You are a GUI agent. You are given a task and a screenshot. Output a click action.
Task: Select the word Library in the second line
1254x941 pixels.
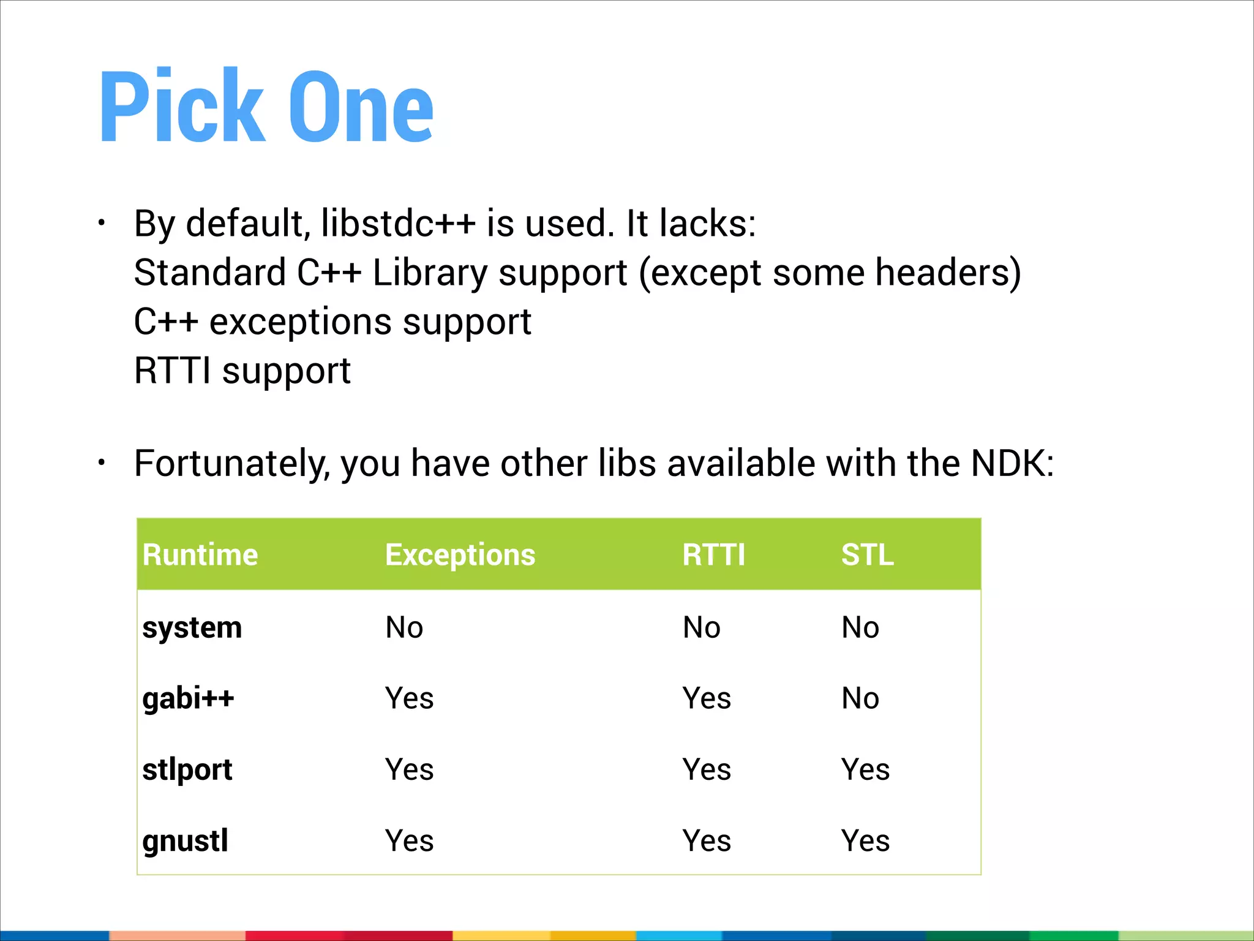[430, 273]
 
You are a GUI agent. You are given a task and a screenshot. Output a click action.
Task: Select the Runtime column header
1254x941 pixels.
[200, 555]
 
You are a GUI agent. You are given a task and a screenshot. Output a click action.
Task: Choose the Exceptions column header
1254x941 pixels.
[460, 555]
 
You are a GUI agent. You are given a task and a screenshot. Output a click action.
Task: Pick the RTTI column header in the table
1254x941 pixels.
[714, 555]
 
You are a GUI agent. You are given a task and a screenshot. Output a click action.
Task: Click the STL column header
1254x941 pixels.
[867, 555]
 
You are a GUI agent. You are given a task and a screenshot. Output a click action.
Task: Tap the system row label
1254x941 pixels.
[192, 628]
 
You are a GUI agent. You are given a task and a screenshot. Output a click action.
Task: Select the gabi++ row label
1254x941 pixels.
[189, 698]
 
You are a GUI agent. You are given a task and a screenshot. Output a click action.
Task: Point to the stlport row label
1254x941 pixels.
[187, 769]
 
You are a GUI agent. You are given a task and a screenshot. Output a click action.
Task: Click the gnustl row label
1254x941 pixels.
[186, 841]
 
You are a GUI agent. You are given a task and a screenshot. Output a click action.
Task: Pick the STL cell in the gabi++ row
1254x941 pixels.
[860, 698]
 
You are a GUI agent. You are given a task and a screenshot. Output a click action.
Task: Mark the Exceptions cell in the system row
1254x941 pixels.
[404, 628]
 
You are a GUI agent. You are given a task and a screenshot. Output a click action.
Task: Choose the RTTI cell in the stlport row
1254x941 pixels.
[707, 769]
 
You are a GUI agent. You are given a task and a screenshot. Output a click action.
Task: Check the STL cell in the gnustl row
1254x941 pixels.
[865, 841]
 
